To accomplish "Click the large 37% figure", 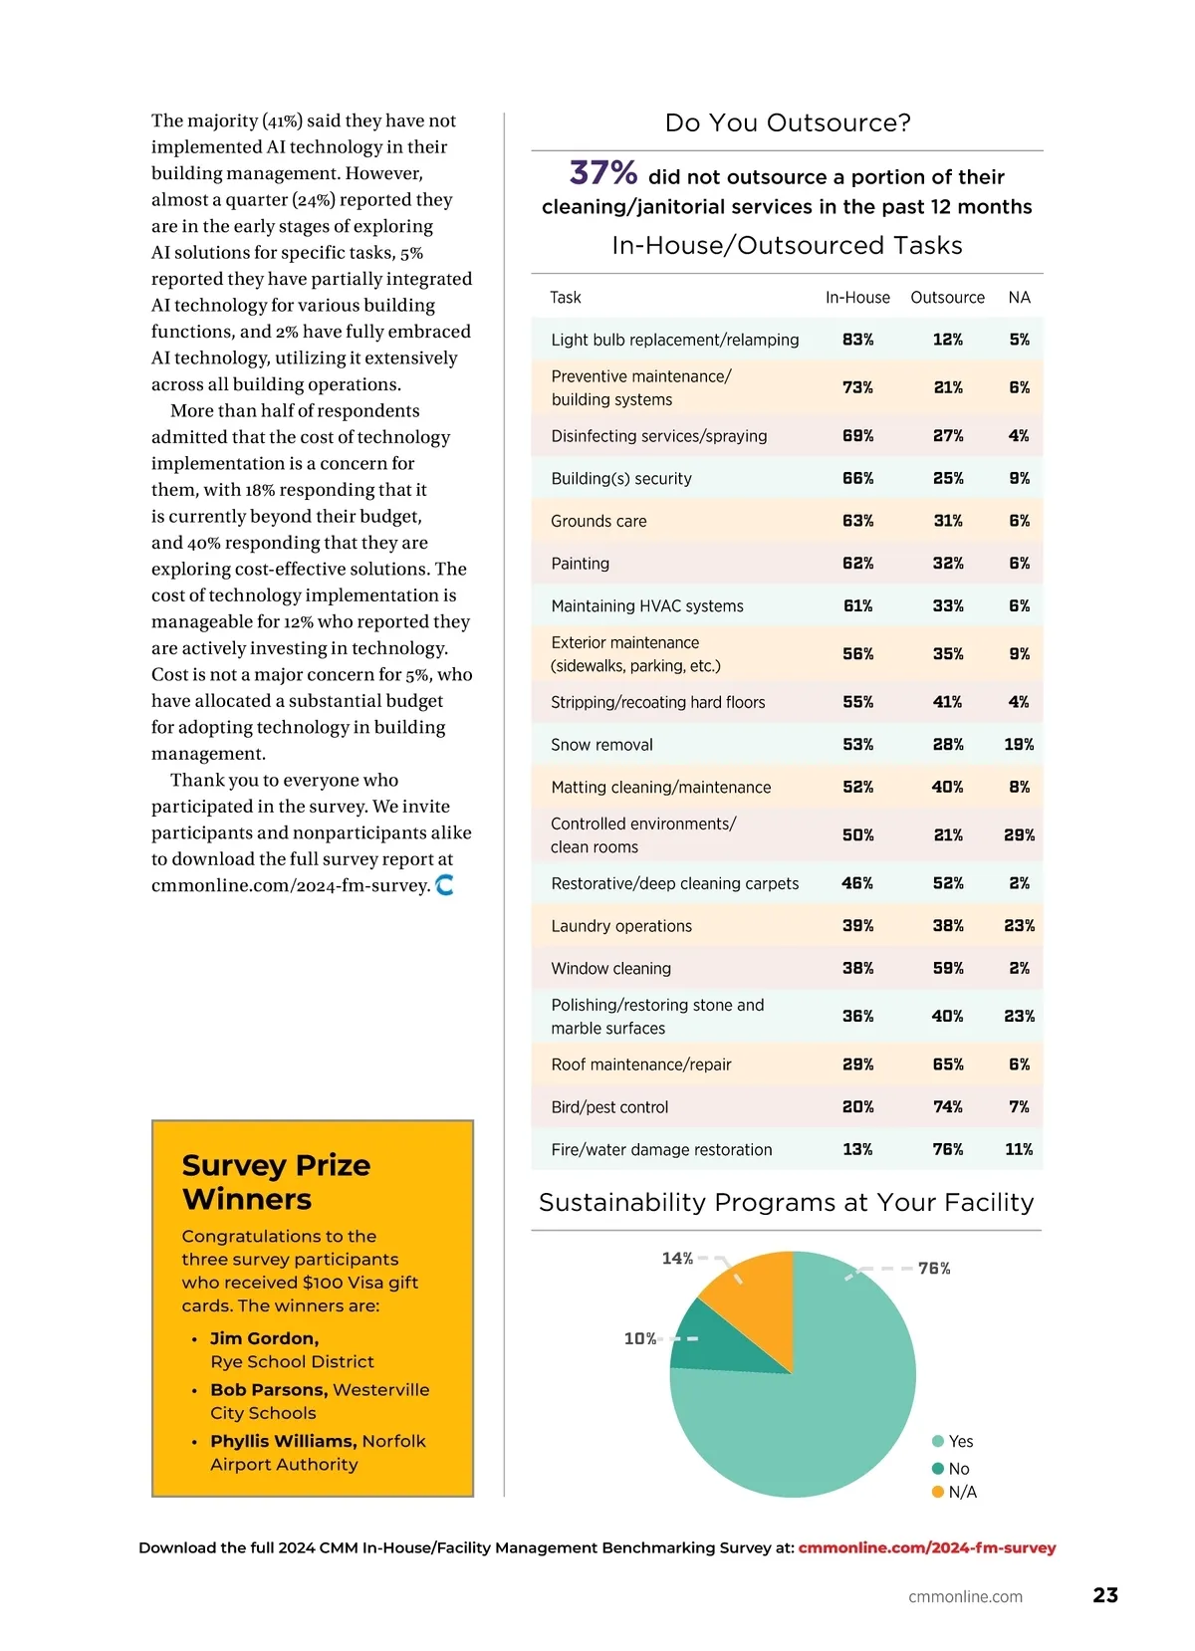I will click(x=602, y=173).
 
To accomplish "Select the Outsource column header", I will click(x=947, y=298).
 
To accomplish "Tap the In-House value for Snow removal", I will click(x=857, y=745).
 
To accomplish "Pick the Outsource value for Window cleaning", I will click(x=947, y=968).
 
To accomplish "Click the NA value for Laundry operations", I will click(x=1019, y=926).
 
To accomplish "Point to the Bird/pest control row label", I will click(x=609, y=1107).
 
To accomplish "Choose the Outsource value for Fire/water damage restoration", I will click(x=947, y=1149).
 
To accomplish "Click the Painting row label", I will click(x=580, y=564).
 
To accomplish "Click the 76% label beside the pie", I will click(x=934, y=1269).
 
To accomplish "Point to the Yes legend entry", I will click(x=952, y=1441).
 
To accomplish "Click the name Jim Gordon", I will click(x=264, y=1338).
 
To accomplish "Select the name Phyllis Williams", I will click(x=283, y=1441).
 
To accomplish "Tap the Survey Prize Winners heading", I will click(x=276, y=1182).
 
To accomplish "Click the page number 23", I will click(x=1105, y=1595).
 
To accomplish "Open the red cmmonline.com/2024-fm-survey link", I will click(x=926, y=1547).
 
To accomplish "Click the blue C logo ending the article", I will click(x=445, y=884).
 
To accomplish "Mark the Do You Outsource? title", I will click(x=788, y=123).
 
